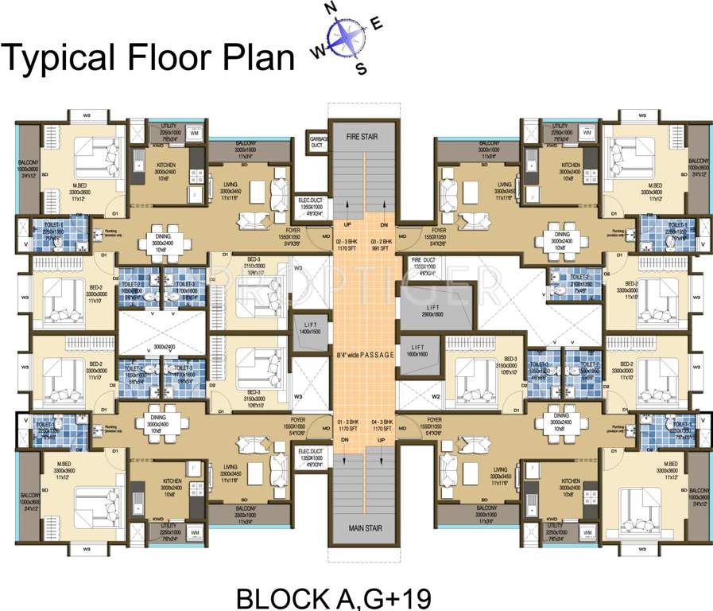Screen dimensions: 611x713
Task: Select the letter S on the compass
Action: (x=361, y=68)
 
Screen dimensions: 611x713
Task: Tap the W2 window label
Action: (x=436, y=395)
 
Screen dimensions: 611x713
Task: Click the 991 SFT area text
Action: (x=380, y=249)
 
